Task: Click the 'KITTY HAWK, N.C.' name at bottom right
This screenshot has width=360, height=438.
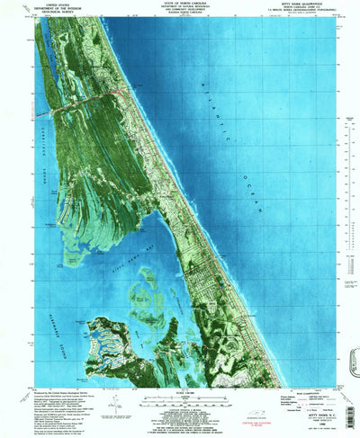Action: (297, 417)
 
